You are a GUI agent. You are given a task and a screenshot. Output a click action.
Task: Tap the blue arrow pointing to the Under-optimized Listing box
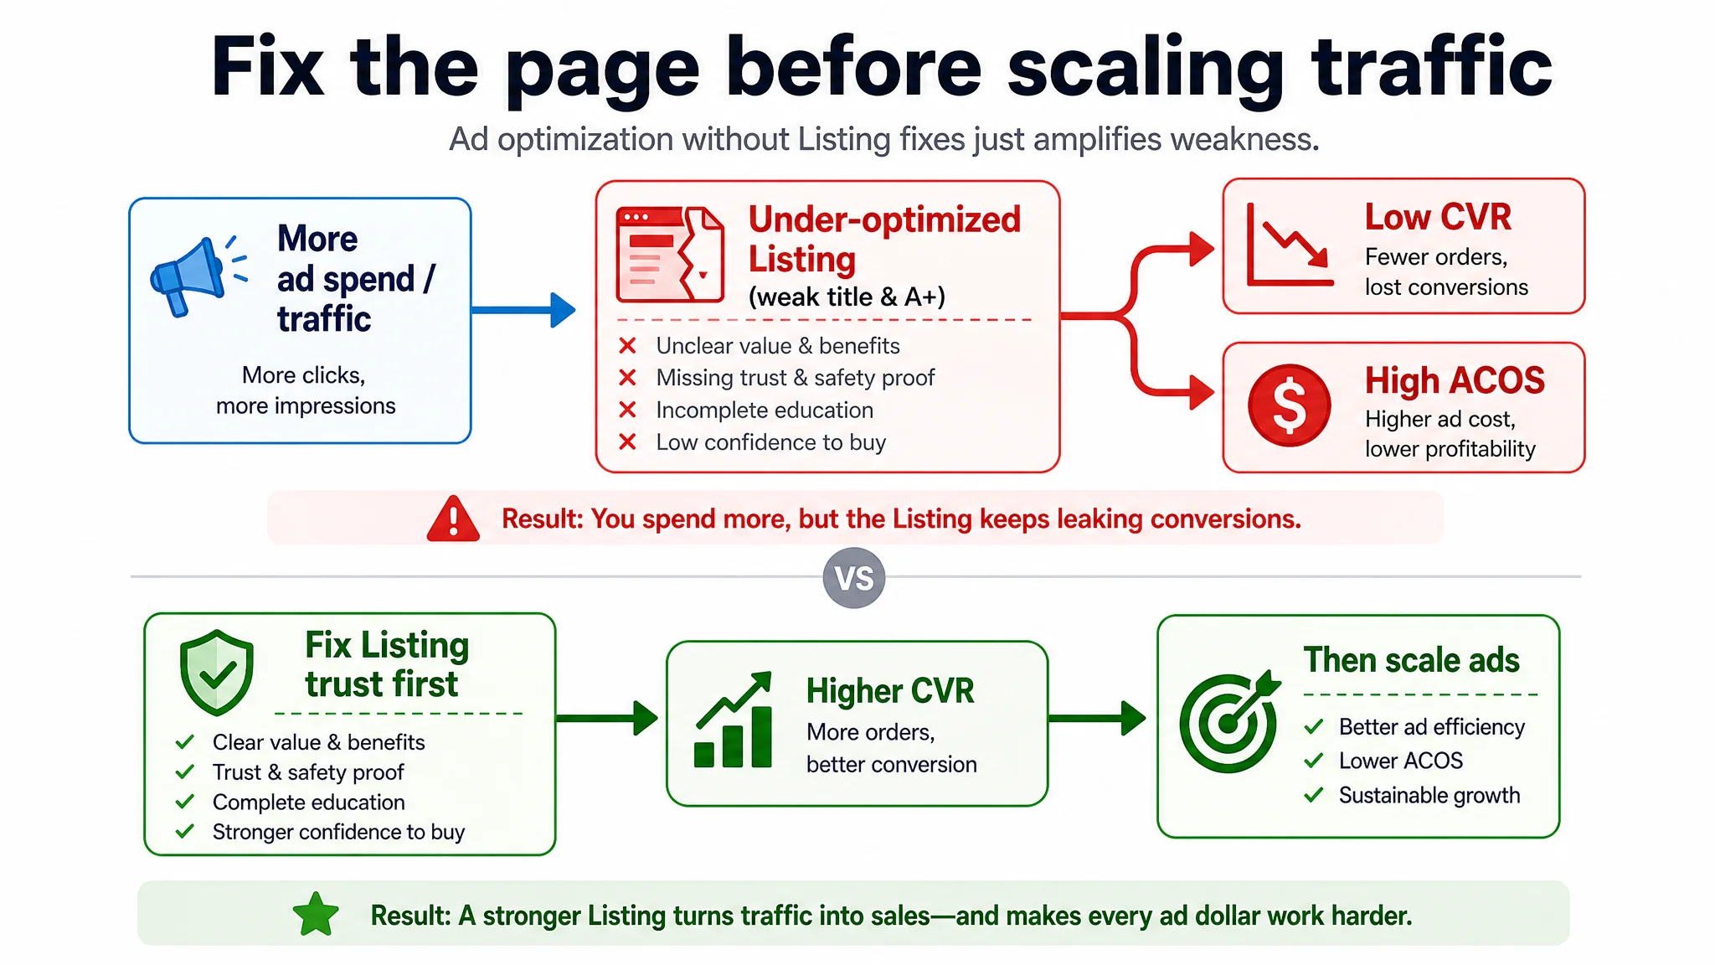(x=523, y=310)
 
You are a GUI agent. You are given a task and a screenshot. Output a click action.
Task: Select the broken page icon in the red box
(x=670, y=255)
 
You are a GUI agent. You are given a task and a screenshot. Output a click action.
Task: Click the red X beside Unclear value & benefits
(x=627, y=345)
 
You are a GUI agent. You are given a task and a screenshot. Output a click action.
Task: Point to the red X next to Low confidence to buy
(x=627, y=441)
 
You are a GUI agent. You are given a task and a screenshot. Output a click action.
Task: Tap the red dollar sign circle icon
(x=1290, y=405)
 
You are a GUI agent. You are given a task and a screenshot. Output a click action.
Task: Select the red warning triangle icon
(x=453, y=519)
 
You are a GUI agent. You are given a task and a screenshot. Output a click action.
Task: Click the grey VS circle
(x=854, y=578)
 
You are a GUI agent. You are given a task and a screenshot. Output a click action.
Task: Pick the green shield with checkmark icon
(x=217, y=673)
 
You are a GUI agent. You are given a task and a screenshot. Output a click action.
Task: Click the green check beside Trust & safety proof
(x=185, y=771)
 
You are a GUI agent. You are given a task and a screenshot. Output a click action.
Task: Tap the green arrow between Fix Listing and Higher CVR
(x=607, y=718)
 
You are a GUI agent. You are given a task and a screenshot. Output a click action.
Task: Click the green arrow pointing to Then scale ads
(x=1097, y=718)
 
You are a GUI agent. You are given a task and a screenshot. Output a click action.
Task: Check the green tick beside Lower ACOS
(x=1314, y=761)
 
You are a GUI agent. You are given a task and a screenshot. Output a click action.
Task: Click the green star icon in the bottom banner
(x=317, y=915)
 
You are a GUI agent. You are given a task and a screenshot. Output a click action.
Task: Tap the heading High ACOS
(x=1455, y=381)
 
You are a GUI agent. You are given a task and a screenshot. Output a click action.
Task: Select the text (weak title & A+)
(x=847, y=297)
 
